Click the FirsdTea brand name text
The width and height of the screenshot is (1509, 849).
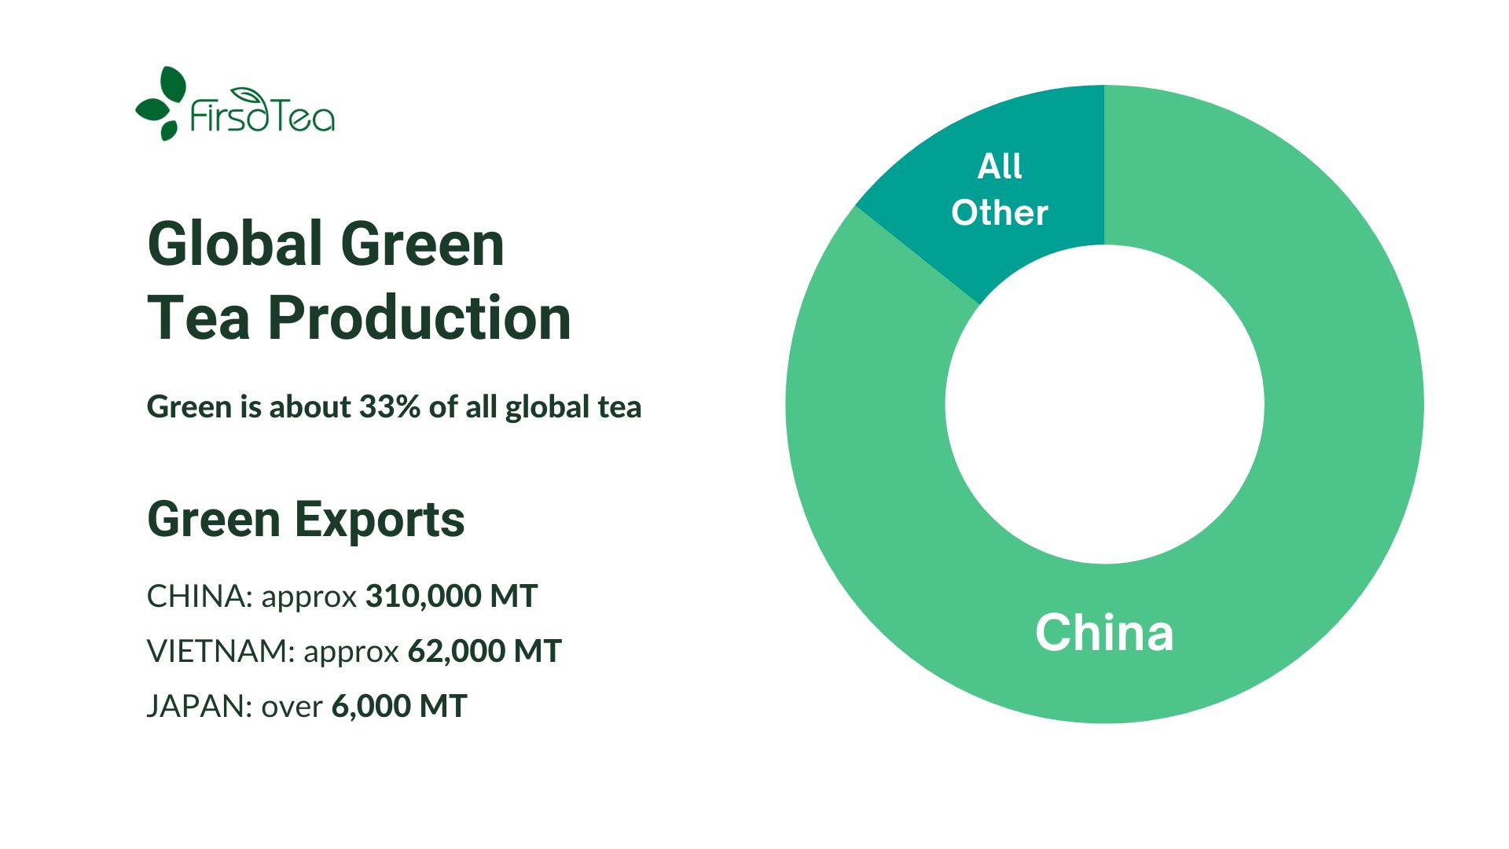point(263,116)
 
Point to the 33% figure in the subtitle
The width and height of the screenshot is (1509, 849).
point(389,407)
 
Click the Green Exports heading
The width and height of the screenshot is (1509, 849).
point(306,520)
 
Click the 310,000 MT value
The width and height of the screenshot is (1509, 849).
point(451,597)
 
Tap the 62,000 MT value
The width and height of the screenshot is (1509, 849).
point(484,652)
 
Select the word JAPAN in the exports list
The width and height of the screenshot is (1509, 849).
point(199,707)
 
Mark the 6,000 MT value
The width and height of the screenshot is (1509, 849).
point(399,707)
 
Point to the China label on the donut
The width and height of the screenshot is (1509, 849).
point(1104,633)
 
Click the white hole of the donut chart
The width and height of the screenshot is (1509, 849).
point(1104,404)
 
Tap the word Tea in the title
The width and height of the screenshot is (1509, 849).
point(199,318)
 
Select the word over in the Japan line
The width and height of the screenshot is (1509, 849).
point(292,707)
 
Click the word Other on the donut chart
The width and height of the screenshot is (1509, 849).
point(1000,213)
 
